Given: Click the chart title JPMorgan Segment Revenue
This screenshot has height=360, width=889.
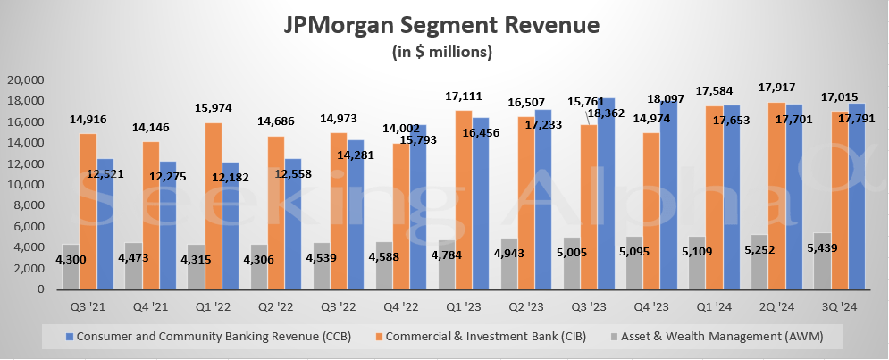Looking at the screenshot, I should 443,23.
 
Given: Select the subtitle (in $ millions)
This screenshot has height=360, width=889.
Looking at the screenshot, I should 443,52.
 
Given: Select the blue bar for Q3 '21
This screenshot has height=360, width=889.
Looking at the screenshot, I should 105,223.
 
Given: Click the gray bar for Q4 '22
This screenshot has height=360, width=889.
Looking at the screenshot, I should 382,265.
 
